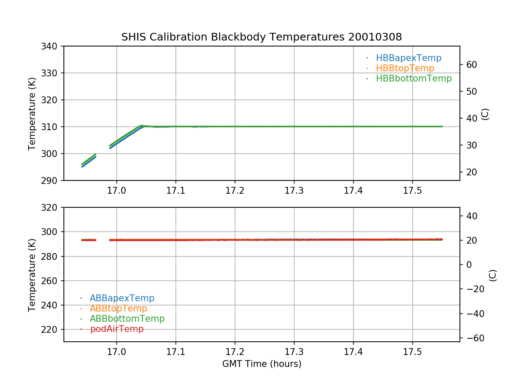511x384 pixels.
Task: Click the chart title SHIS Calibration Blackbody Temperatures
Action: click(x=261, y=37)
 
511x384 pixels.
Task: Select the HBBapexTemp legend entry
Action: click(x=408, y=58)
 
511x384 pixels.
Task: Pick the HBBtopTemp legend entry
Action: click(x=405, y=68)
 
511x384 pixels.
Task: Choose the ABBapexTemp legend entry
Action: click(x=122, y=298)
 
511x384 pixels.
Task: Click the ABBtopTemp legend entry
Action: click(x=118, y=308)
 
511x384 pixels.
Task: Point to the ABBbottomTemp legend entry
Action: click(x=127, y=319)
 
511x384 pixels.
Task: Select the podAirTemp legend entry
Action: click(x=117, y=329)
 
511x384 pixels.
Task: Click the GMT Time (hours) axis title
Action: click(x=261, y=364)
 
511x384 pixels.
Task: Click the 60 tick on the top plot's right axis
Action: click(x=471, y=65)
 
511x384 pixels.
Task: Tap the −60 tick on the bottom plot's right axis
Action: click(x=473, y=338)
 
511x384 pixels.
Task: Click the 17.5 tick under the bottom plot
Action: click(x=412, y=352)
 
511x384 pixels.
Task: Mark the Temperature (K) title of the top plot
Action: click(x=32, y=113)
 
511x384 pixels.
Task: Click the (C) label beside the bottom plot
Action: click(x=493, y=275)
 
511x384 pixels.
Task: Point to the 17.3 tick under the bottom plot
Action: click(x=294, y=352)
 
